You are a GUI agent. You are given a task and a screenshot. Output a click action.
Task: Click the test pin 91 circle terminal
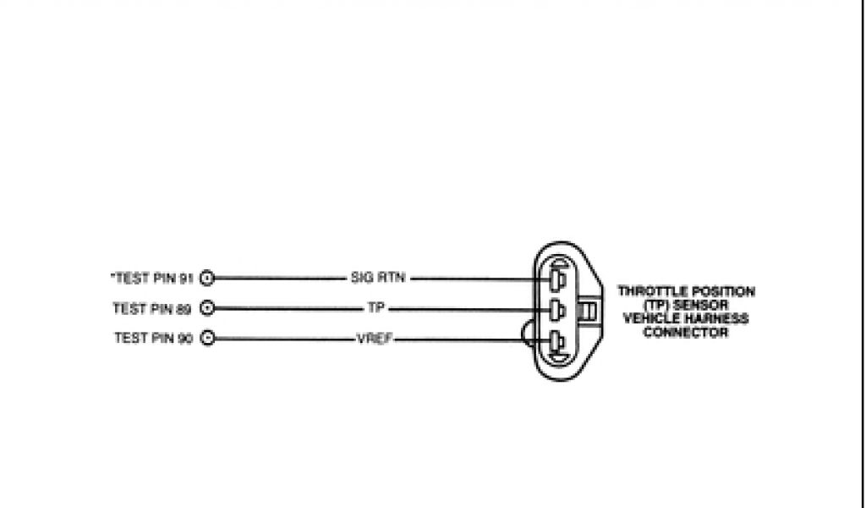tap(207, 278)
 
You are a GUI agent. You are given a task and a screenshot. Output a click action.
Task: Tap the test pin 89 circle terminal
tap(207, 308)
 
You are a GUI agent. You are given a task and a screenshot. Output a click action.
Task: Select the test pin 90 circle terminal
tap(207, 338)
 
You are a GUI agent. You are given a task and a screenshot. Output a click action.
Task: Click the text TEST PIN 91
tap(153, 278)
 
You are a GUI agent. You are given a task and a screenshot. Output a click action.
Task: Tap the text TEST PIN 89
tap(152, 308)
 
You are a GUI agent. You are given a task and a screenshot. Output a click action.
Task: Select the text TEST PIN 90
tap(153, 338)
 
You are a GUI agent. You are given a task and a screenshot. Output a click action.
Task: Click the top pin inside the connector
tap(555, 280)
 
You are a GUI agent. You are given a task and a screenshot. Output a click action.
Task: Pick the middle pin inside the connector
tap(555, 311)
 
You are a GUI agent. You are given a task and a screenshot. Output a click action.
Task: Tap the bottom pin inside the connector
tap(555, 341)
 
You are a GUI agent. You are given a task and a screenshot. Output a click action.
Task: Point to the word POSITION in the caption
tap(722, 291)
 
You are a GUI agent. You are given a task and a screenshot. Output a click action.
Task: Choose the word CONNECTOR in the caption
tap(685, 332)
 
